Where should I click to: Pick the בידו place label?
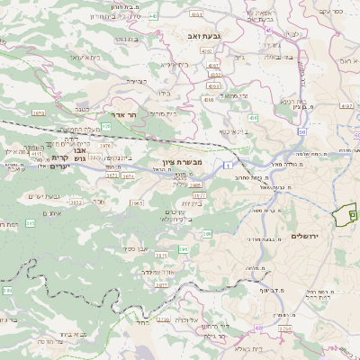165,93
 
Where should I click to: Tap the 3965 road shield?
136,203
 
